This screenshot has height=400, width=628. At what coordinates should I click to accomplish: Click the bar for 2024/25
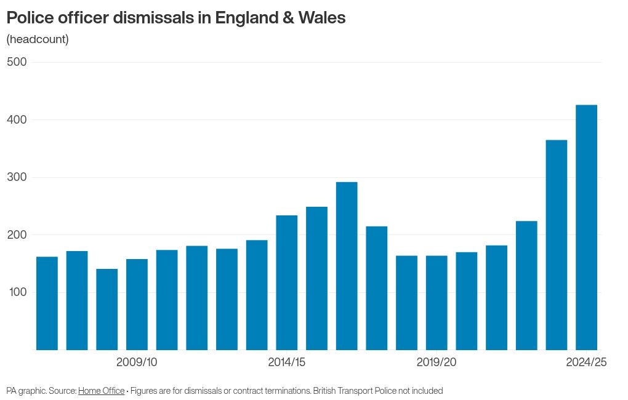[586, 228]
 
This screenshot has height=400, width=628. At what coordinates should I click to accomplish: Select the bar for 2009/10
[137, 305]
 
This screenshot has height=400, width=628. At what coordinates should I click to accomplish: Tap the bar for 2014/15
[286, 282]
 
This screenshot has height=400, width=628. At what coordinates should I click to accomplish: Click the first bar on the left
[47, 303]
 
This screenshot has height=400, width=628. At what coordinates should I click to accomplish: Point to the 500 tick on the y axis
[17, 62]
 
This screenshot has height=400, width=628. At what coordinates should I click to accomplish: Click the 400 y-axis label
[17, 119]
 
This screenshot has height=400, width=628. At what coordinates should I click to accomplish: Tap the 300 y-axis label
[17, 177]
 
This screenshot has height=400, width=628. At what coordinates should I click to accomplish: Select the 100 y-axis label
[17, 292]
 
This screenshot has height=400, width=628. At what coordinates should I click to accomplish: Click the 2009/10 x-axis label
[137, 362]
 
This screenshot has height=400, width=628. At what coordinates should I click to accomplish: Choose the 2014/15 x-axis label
[286, 362]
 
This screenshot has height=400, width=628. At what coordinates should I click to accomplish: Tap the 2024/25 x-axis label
[586, 362]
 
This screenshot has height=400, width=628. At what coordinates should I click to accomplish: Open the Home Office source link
[101, 391]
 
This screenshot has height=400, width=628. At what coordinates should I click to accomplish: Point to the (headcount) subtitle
[38, 39]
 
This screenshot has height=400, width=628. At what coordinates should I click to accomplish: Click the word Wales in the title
[321, 18]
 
